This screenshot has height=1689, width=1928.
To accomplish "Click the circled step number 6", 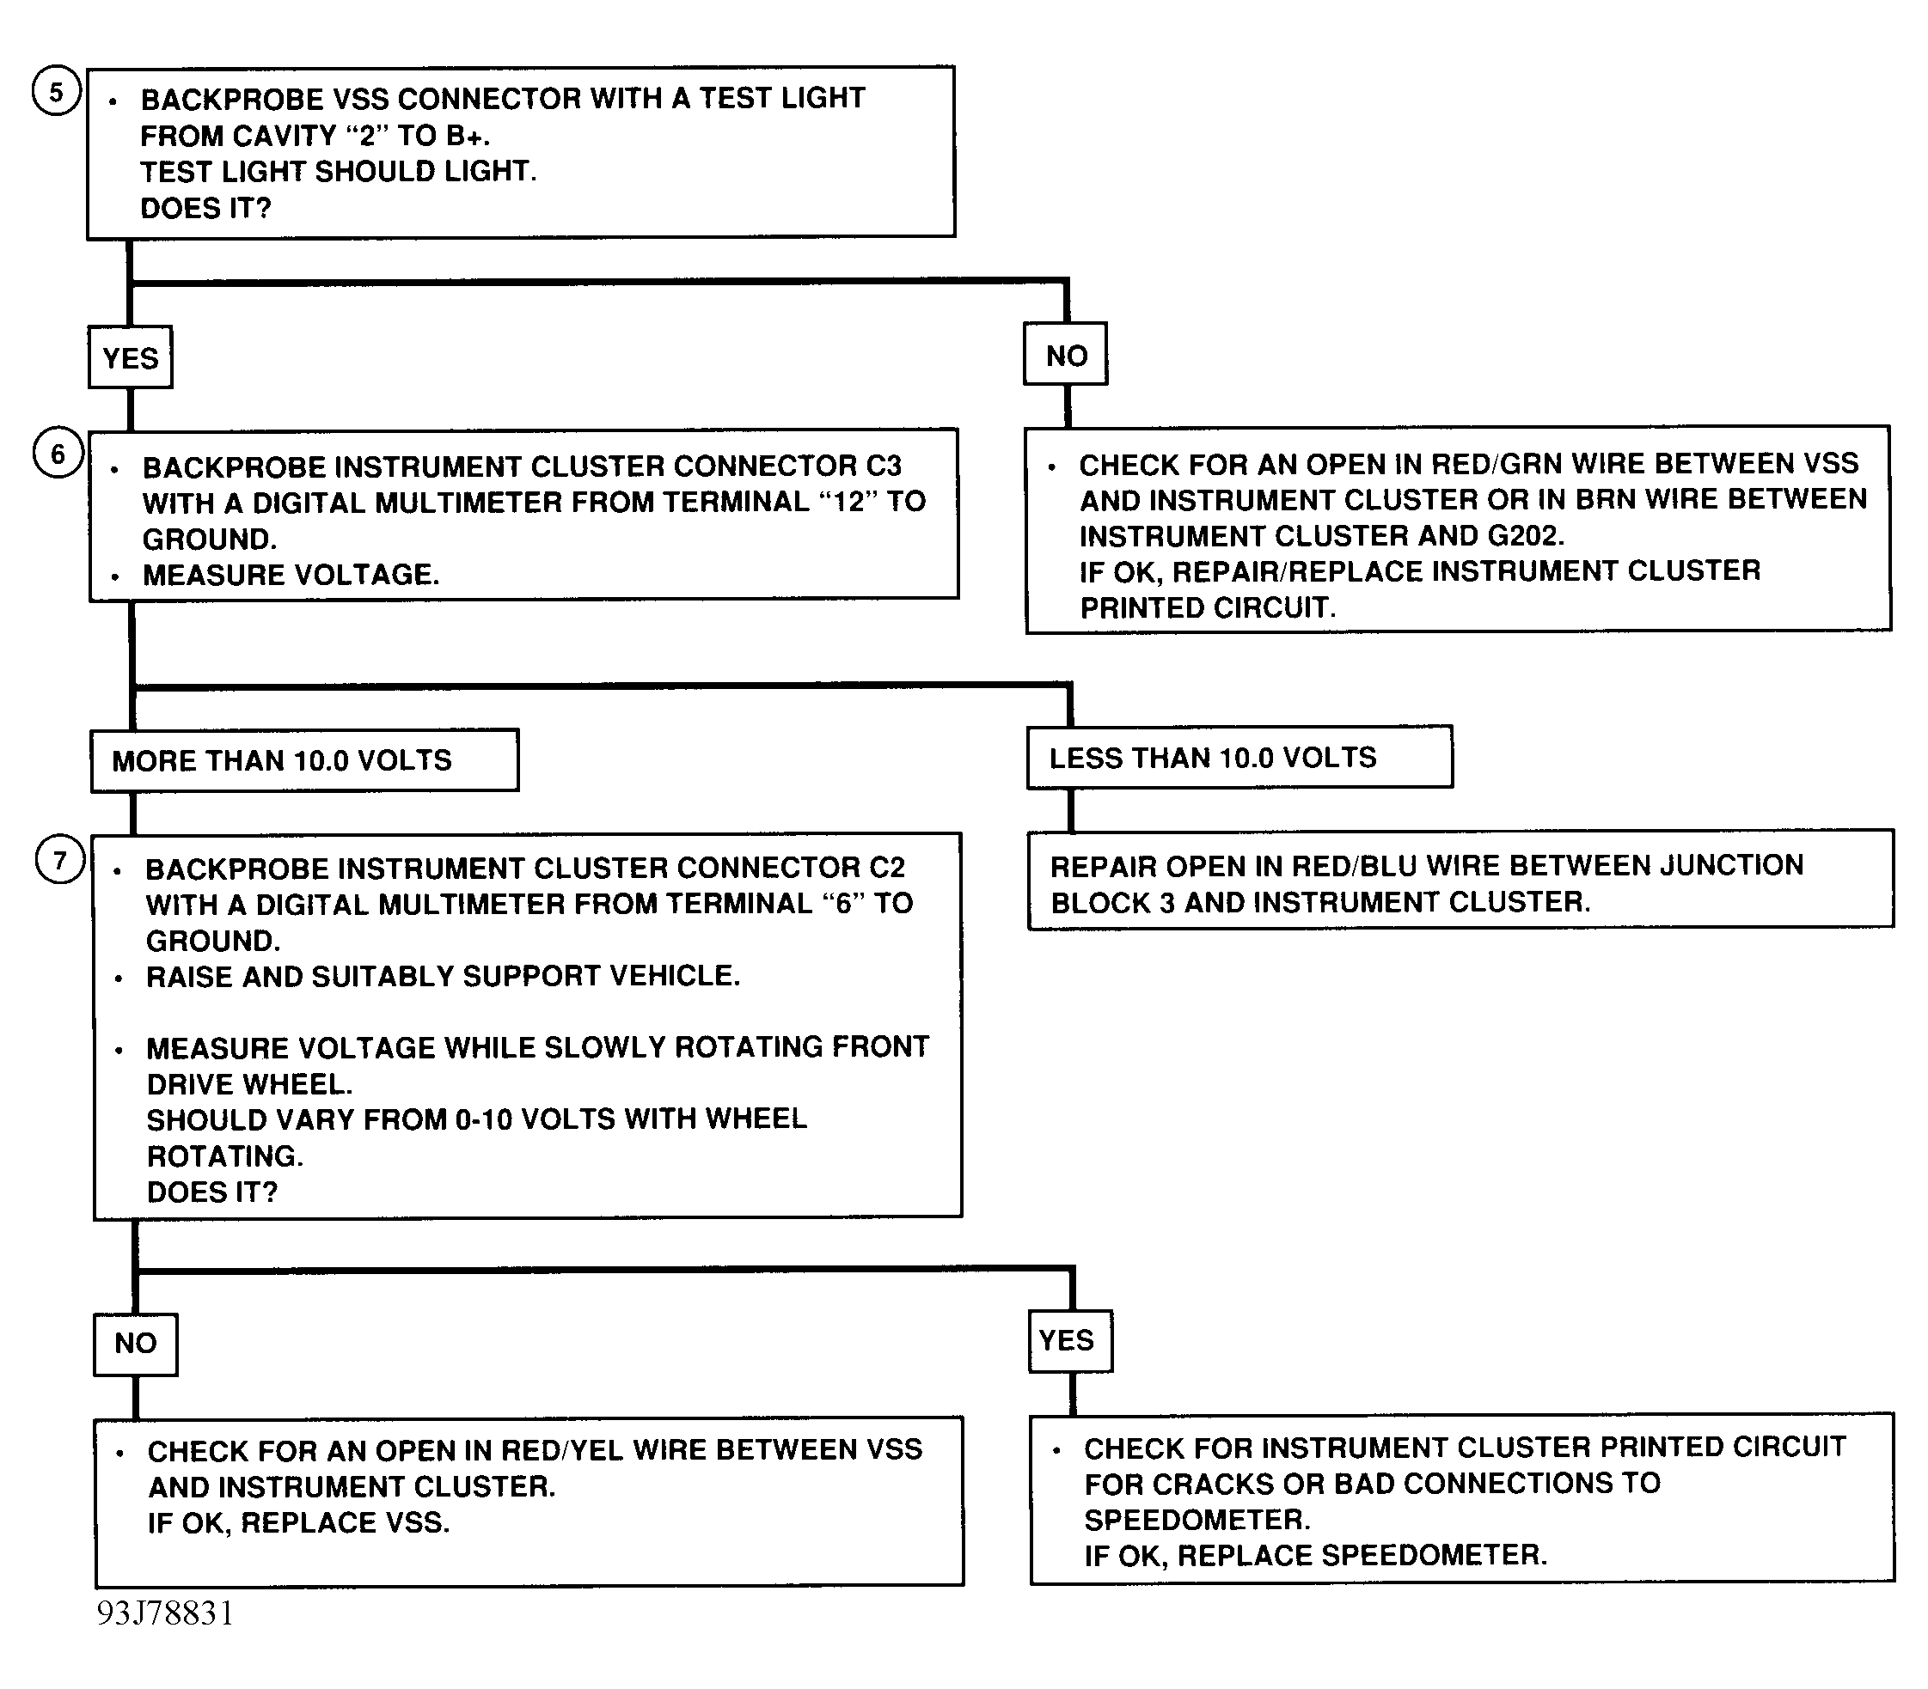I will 58,454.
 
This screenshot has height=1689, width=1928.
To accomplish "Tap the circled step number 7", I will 60,861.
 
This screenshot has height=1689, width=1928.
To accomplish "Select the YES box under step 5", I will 130,358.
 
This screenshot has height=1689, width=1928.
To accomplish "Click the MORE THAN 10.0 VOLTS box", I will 304,760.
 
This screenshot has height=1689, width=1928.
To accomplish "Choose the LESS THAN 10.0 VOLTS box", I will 1239,758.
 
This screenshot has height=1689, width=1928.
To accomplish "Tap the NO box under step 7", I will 136,1343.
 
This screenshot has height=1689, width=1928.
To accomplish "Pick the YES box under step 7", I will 1069,1340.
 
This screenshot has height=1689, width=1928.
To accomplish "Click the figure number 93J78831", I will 165,1614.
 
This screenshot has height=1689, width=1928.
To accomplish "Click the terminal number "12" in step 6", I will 848,502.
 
